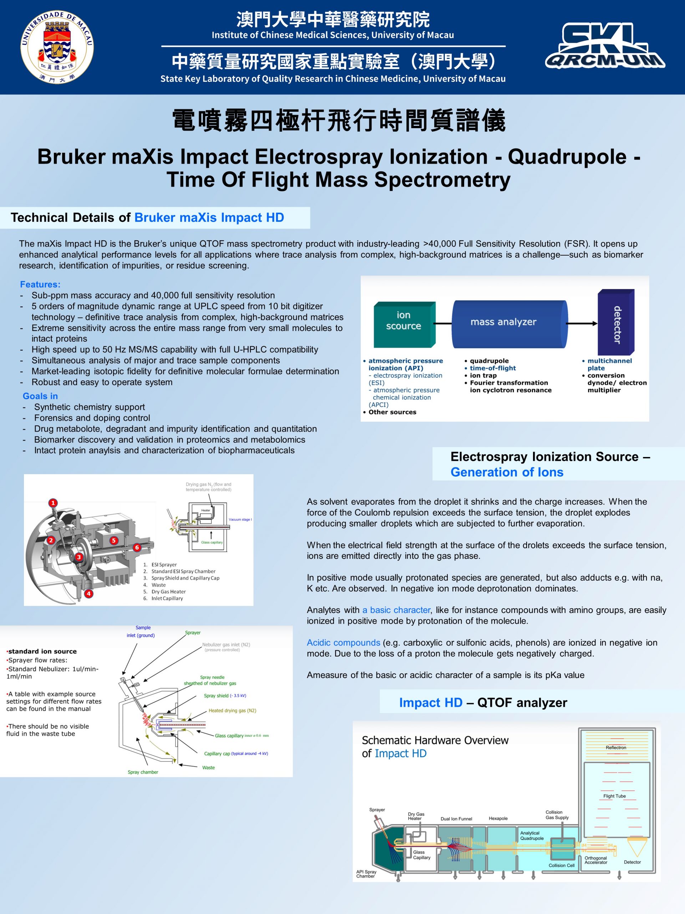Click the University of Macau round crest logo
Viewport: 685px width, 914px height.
[x=57, y=47]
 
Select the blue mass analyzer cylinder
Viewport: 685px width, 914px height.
[x=510, y=324]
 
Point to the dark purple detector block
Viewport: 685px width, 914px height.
[x=616, y=322]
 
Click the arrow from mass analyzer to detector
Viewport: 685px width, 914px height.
[x=582, y=323]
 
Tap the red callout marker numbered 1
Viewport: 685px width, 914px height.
[x=53, y=503]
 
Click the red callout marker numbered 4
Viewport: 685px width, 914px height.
[x=88, y=594]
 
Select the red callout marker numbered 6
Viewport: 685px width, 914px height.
[x=137, y=547]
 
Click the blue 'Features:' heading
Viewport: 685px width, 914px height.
[x=40, y=284]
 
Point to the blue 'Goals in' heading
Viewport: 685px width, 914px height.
[x=40, y=396]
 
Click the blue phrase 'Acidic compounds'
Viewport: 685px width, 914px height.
[x=343, y=643]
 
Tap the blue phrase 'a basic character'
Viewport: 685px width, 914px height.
[x=396, y=610]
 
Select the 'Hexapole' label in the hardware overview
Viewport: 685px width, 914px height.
[x=498, y=818]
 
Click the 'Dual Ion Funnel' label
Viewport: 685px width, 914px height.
[x=456, y=819]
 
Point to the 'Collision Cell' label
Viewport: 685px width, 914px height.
[x=562, y=865]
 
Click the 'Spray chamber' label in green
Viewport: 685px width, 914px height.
[x=143, y=772]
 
